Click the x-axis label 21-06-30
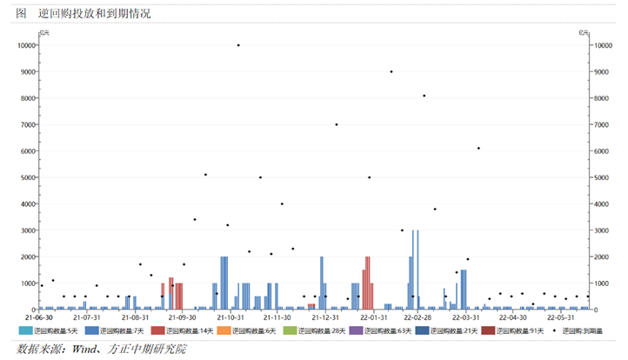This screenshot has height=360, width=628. pos(40,318)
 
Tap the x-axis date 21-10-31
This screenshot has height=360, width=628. pos(230,318)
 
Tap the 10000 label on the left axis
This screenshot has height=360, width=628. pos(24,45)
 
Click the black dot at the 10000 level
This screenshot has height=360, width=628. pos(238,45)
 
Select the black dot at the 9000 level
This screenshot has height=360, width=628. pos(391,71)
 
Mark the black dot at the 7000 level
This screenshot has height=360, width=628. pos(337,124)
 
